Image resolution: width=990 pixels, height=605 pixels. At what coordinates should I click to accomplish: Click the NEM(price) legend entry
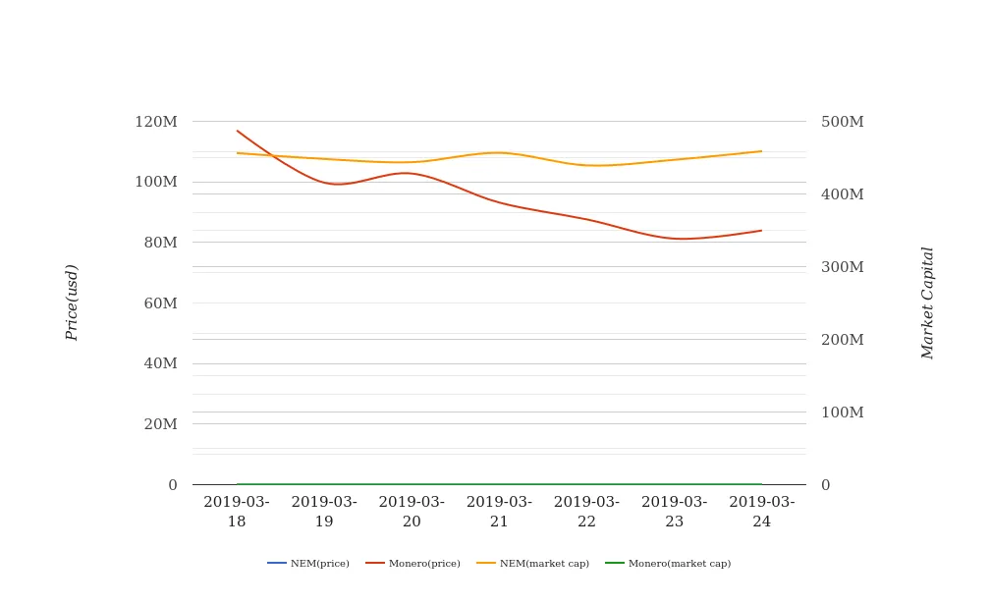308,564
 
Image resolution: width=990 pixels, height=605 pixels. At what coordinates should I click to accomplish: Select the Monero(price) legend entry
413,564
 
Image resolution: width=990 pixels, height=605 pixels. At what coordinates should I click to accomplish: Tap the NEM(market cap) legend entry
533,564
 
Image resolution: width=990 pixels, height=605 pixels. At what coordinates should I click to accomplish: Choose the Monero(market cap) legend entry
669,564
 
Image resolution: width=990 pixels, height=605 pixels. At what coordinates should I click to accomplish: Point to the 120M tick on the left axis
156,122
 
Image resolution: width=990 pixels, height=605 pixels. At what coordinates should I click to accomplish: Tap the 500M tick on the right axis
842,122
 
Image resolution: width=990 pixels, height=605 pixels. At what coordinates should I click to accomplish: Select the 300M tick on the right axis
842,267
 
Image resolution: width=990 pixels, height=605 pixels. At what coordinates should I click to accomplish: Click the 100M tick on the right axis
842,412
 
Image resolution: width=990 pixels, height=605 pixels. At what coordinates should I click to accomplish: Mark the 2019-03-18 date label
237,512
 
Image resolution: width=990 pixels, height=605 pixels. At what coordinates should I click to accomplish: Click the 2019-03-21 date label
499,512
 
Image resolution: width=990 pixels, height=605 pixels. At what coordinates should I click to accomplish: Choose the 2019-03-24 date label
761,512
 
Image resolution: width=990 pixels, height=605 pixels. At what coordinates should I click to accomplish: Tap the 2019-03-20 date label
412,512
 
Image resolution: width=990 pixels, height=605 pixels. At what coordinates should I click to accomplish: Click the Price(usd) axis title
72,302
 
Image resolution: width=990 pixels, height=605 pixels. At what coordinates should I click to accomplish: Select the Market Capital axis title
928,302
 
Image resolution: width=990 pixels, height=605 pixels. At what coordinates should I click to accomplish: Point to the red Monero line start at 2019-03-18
238,131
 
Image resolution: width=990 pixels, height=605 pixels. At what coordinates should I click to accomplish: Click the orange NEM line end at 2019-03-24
761,151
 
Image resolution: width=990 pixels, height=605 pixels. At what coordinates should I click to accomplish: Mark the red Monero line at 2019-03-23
675,239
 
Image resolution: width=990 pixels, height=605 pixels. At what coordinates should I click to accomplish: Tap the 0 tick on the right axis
825,485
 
